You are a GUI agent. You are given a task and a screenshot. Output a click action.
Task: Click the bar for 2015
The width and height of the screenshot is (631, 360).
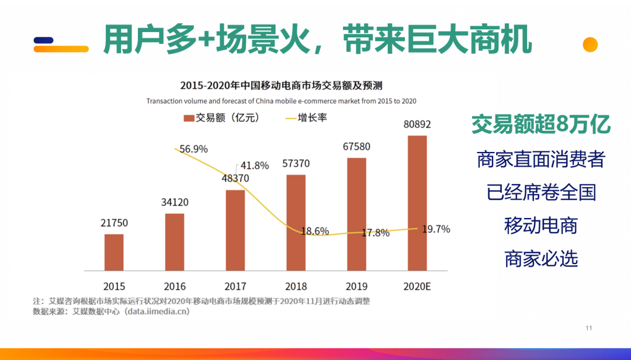click(114, 252)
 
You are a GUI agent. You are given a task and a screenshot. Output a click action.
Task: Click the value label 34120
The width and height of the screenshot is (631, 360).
click(174, 203)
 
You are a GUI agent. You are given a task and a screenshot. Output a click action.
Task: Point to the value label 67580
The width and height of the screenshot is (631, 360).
click(356, 146)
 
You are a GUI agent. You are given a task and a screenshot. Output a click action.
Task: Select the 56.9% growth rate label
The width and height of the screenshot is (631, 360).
click(193, 149)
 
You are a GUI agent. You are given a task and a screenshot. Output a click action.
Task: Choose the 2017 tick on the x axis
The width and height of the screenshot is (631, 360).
click(235, 286)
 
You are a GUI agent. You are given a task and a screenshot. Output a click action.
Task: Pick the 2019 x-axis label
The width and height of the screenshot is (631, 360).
click(356, 286)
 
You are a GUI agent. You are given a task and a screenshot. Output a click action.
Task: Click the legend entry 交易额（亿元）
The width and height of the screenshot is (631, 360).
click(221, 118)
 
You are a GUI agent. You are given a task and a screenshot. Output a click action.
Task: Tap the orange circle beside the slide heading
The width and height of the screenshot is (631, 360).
click(590, 45)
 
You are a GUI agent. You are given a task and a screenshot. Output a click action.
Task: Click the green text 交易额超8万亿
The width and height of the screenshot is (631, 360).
click(541, 124)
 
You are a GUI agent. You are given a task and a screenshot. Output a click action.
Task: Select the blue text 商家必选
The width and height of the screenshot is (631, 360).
click(541, 258)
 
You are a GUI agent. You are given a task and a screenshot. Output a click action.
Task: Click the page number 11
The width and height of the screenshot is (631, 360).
click(589, 328)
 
